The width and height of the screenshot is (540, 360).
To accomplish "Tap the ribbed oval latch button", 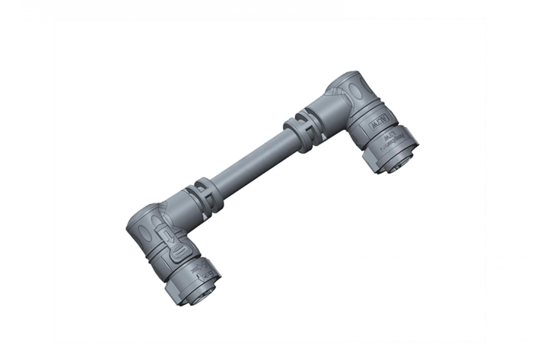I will tap(177, 255).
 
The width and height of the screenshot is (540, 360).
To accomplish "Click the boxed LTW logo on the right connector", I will tap(379, 123).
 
